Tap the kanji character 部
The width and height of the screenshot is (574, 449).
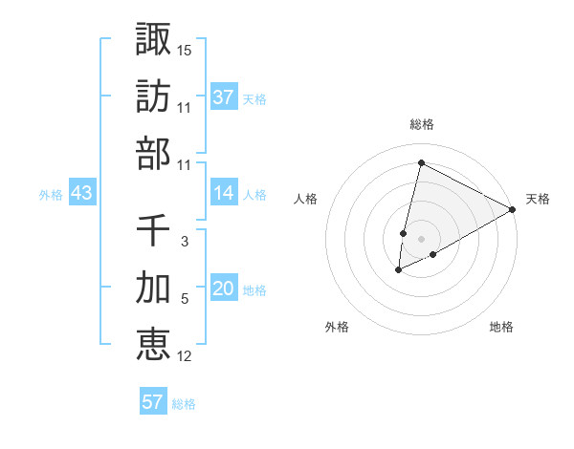pyautogui.click(x=153, y=153)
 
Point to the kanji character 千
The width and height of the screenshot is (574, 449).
pyautogui.click(x=153, y=229)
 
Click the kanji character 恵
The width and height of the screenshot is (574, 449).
pyautogui.click(x=153, y=344)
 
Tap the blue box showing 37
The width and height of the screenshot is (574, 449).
pyautogui.click(x=224, y=97)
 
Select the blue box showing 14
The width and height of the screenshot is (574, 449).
pyautogui.click(x=224, y=193)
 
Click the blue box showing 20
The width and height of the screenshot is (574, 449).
pyautogui.click(x=224, y=289)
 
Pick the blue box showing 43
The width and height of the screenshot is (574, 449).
pyautogui.click(x=82, y=194)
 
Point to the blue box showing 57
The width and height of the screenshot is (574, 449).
pyautogui.click(x=152, y=402)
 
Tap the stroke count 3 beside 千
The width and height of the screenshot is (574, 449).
pyautogui.click(x=185, y=242)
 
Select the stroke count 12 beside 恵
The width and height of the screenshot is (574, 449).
pyautogui.click(x=185, y=356)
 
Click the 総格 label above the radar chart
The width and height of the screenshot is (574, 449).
pyautogui.click(x=422, y=125)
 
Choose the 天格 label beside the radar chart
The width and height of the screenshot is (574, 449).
pyautogui.click(x=538, y=199)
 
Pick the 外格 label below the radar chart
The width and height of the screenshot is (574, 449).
pyautogui.click(x=337, y=327)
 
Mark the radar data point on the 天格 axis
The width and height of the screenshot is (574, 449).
pyautogui.click(x=513, y=209)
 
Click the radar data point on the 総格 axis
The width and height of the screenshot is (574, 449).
pyautogui.click(x=421, y=162)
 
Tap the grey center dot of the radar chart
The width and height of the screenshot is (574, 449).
pyautogui.click(x=421, y=239)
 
